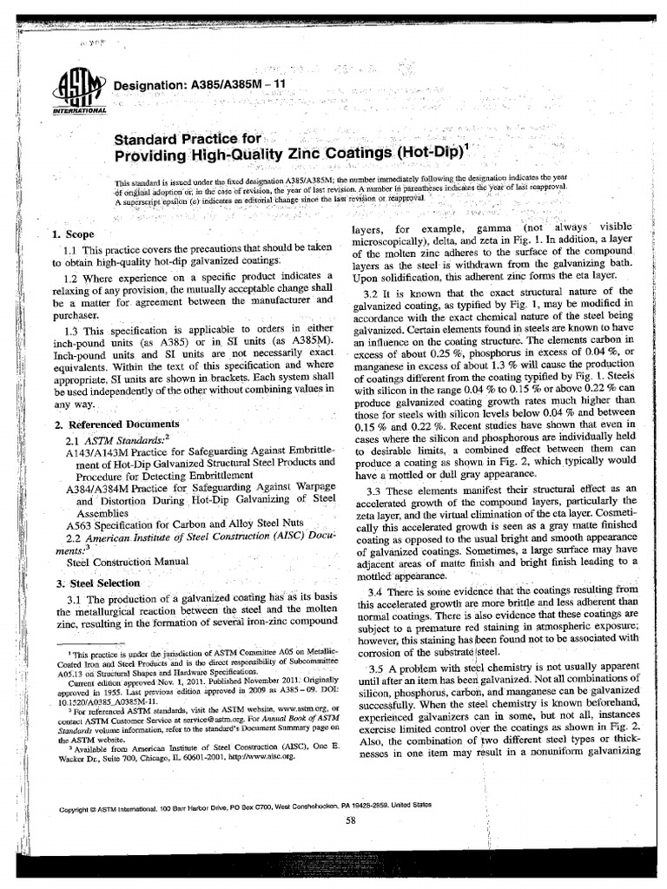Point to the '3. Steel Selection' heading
pyautogui.click(x=96, y=583)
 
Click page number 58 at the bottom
pyautogui.click(x=350, y=820)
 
